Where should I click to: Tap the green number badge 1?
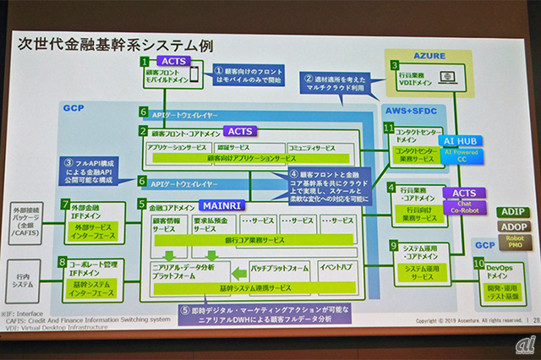tap(145, 62)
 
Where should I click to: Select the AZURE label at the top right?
tap(429, 54)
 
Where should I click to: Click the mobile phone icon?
tap(194, 77)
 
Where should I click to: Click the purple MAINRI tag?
tap(222, 205)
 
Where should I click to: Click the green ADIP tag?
tap(512, 211)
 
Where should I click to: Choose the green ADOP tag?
tap(512, 227)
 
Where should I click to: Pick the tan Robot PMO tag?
tap(512, 243)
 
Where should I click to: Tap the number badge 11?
tap(389, 128)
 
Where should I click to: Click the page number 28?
tap(532, 321)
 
